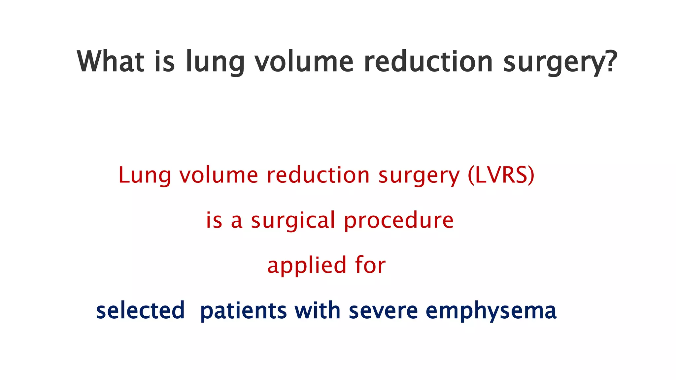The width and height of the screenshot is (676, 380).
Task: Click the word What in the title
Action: click(111, 61)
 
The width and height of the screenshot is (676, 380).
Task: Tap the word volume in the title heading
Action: click(304, 61)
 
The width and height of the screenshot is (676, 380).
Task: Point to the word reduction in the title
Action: click(428, 61)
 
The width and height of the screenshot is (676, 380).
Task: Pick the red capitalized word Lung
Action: click(145, 175)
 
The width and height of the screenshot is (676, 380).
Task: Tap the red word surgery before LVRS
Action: click(419, 176)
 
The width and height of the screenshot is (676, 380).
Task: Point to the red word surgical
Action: click(293, 221)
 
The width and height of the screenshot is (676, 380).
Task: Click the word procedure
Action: click(399, 221)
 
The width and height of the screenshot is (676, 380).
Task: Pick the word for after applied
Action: click(370, 265)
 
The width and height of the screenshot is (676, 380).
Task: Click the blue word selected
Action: click(140, 310)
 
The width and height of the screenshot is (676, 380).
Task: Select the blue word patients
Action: click(244, 311)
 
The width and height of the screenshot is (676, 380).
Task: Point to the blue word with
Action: click(317, 310)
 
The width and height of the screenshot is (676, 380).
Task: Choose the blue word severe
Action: click(383, 311)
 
